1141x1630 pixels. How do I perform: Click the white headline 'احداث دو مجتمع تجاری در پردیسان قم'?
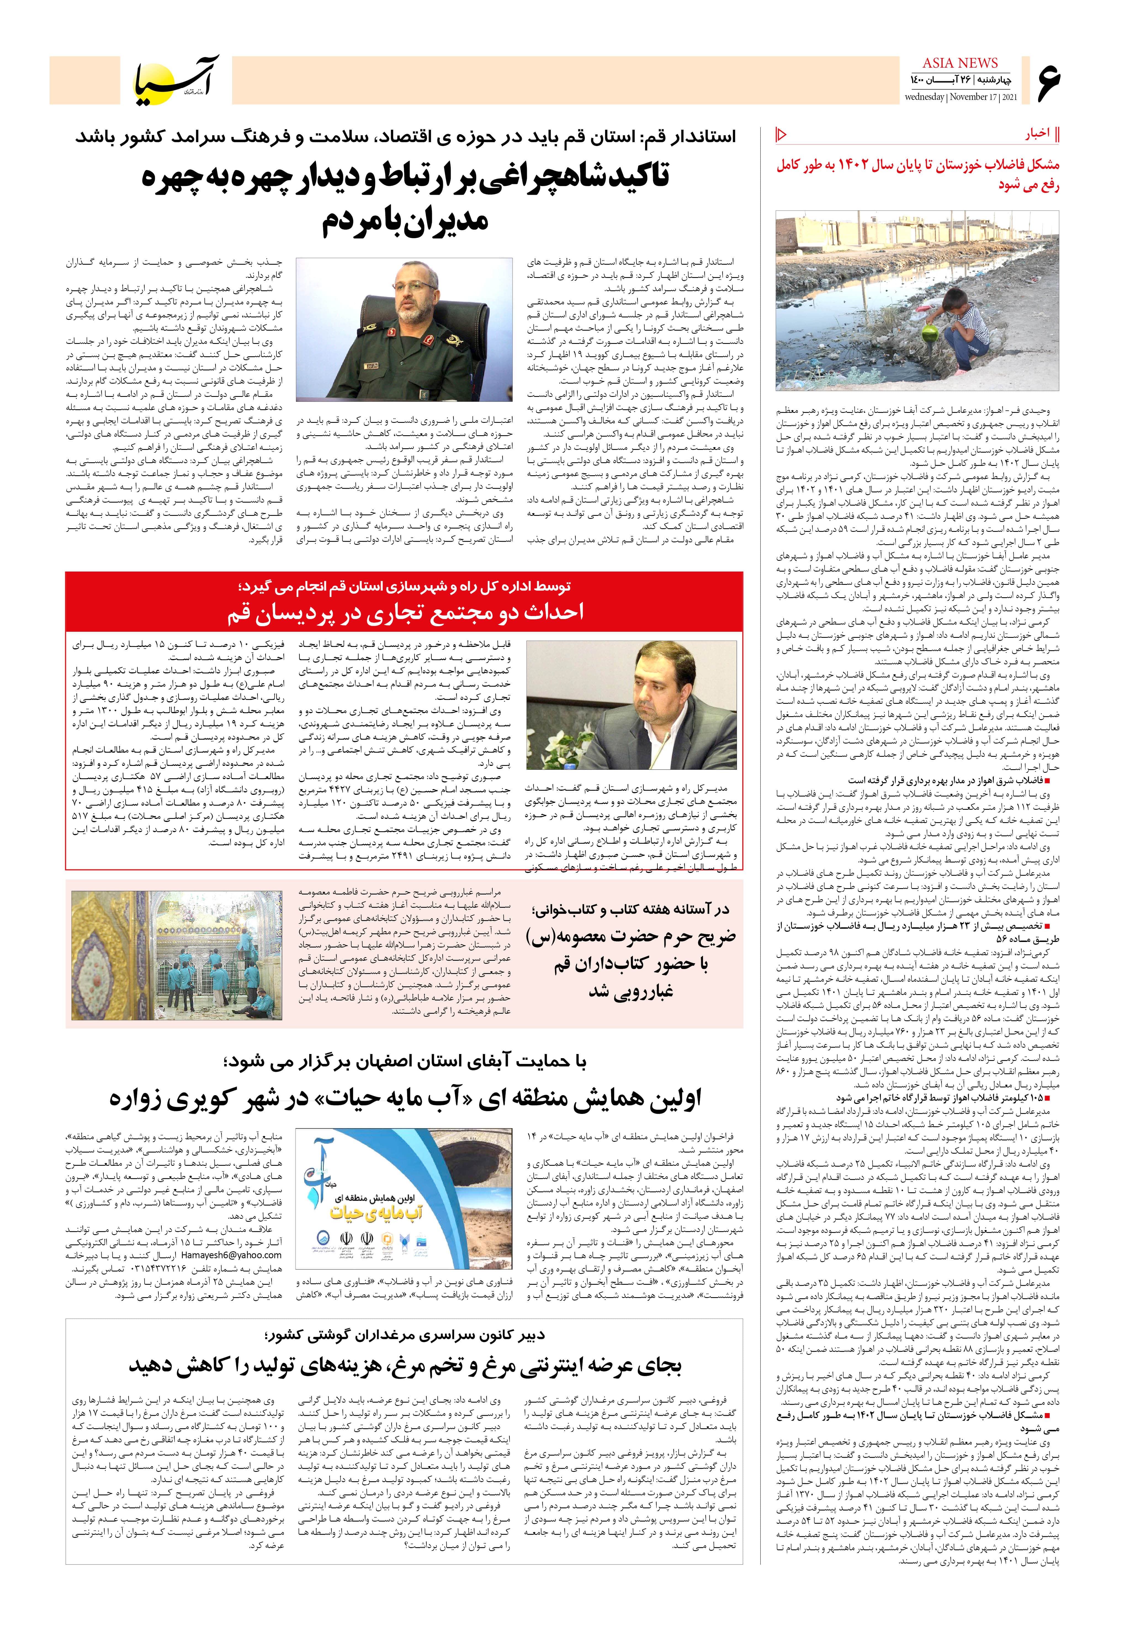(405, 612)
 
